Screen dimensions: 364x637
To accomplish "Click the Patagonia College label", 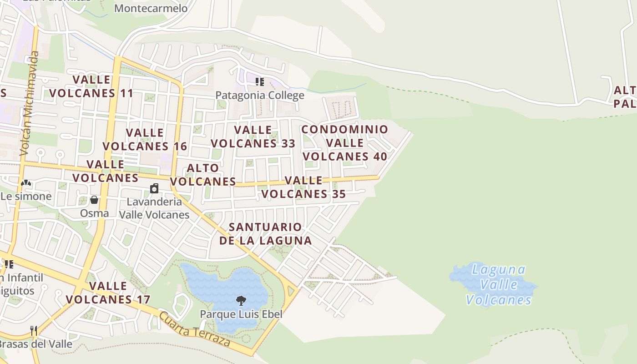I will [259, 95].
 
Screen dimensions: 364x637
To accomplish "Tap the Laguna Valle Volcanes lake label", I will [499, 285].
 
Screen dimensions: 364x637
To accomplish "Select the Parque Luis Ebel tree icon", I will [241, 300].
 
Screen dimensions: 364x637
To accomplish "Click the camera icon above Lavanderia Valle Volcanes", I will [154, 188].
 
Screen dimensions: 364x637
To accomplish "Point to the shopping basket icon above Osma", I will [94, 200].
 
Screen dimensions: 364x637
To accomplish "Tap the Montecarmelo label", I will [151, 9].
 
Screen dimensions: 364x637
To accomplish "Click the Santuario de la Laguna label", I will [266, 233].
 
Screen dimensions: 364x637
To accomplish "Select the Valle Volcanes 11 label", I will [91, 86].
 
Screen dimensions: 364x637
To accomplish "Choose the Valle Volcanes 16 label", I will [145, 139].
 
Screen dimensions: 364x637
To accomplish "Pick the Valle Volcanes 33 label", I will [253, 136].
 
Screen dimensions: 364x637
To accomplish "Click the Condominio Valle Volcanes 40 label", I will [345, 143].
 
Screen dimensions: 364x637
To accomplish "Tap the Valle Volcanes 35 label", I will [303, 187].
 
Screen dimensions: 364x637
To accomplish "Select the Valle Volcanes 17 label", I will [108, 293].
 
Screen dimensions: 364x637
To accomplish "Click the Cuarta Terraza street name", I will [194, 329].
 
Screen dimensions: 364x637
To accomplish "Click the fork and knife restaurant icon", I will [33, 330].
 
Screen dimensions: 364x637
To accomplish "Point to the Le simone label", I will [26, 197].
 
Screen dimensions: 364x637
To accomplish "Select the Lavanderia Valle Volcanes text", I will [154, 208].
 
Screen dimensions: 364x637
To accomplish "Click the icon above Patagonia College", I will [259, 82].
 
